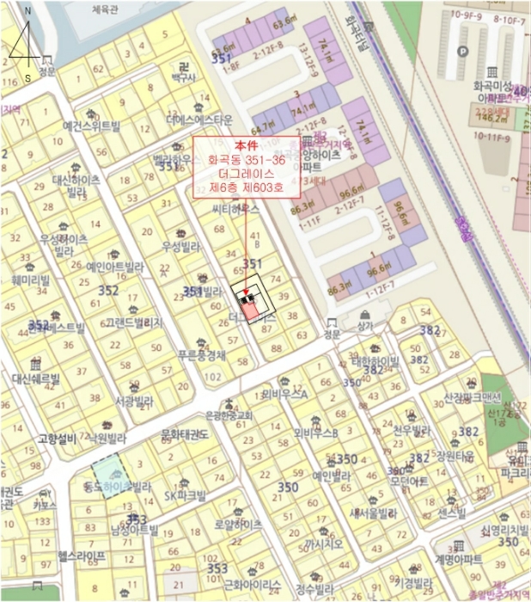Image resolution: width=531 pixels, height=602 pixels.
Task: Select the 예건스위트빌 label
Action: (x=92, y=126)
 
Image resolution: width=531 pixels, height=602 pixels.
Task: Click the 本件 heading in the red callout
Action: (x=246, y=145)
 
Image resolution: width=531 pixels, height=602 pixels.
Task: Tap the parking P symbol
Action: (x=464, y=51)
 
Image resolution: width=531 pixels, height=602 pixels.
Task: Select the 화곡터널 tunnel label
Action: (x=351, y=34)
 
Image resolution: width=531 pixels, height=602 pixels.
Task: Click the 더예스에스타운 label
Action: (x=199, y=119)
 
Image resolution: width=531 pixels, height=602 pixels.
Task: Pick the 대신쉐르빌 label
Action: (x=36, y=378)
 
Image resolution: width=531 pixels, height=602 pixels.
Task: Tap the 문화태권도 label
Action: (x=185, y=435)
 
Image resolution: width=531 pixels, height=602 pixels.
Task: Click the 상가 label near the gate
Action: (x=366, y=327)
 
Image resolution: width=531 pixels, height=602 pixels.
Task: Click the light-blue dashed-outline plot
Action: (x=109, y=476)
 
